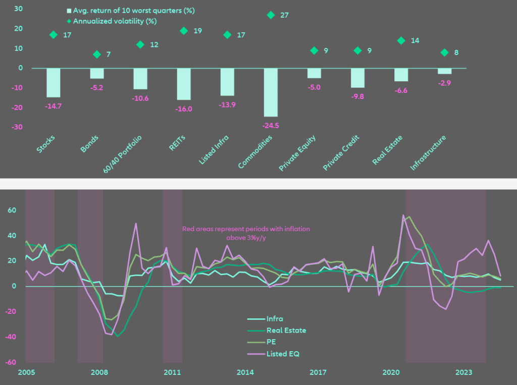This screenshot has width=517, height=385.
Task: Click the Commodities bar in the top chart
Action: coord(271,92)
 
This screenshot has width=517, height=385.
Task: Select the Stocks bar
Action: coord(54,83)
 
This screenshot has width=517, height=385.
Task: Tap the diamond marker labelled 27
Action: coord(271,15)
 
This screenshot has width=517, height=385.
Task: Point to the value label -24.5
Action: coord(271,125)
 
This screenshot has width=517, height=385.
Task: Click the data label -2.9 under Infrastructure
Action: coord(445,82)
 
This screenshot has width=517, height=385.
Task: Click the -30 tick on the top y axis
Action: coord(18,127)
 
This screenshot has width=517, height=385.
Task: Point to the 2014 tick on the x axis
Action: coord(245,373)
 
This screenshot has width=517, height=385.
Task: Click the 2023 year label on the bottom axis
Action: coord(464,373)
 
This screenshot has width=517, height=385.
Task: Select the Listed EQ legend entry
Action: coord(283,354)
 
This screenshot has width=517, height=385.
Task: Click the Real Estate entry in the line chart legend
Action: coord(286,331)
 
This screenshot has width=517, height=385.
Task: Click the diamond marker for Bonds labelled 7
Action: coord(97,54)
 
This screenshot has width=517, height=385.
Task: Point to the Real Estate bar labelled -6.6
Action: coord(401,75)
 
